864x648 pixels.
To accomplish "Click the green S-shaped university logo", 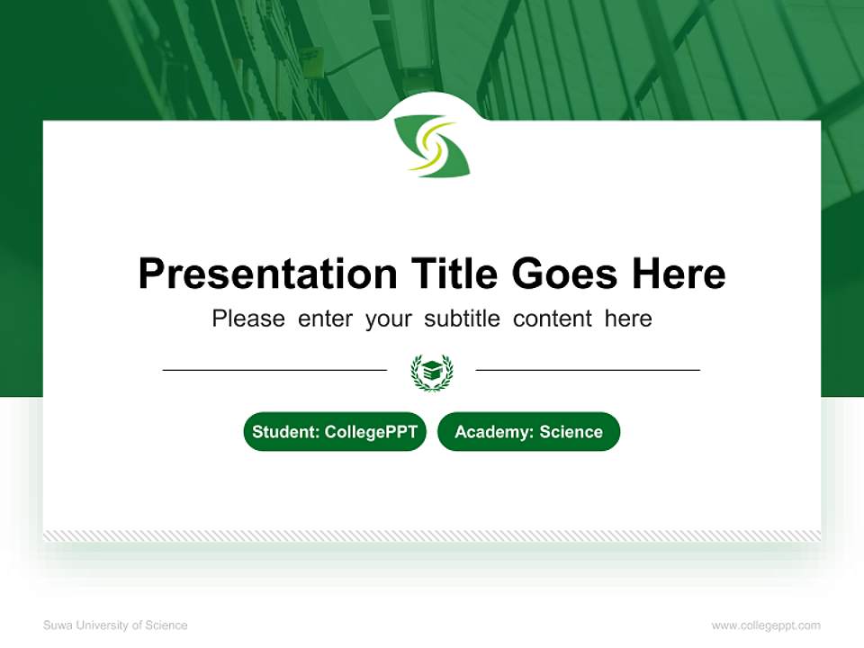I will (x=432, y=145).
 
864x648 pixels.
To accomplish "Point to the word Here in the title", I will (x=678, y=274).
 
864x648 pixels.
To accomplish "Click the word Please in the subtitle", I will (x=248, y=319).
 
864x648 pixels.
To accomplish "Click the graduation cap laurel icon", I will (x=432, y=371).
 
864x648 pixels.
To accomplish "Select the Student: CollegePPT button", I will (x=335, y=432).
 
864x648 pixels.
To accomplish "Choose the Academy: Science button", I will (x=528, y=432).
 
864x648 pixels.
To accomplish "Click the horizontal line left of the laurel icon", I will (x=274, y=369).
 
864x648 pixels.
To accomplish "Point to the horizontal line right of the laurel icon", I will (x=588, y=369).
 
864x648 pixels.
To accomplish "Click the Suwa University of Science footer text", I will (x=115, y=625).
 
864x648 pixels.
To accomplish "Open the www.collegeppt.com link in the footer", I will (x=766, y=625).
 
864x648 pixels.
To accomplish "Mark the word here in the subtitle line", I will (x=628, y=319).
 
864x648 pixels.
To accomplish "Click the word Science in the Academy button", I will (x=571, y=432).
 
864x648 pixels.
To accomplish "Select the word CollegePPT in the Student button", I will (x=371, y=432).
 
